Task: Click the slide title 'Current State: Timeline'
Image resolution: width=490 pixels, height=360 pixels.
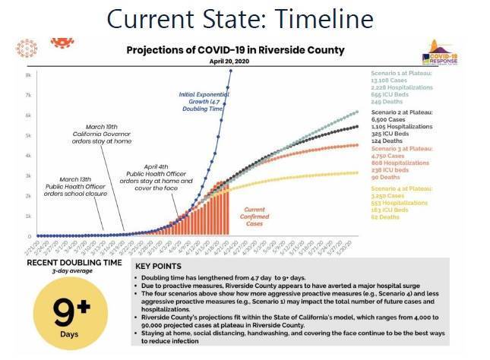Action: coord(245,17)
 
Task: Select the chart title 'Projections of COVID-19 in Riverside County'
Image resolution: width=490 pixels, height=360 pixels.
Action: coord(235,50)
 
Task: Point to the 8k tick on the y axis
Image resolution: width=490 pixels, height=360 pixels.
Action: coord(28,75)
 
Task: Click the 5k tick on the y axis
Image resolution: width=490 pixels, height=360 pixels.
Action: coord(28,135)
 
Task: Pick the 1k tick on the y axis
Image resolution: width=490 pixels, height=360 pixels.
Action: coord(28,216)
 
